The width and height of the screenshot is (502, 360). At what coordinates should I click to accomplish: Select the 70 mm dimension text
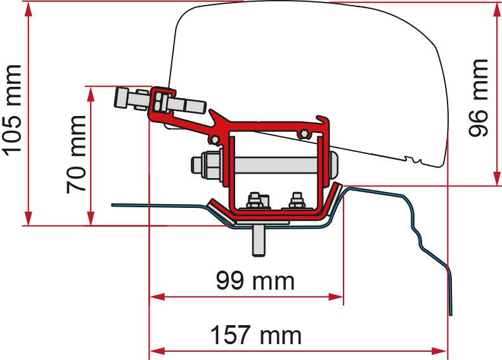(77, 154)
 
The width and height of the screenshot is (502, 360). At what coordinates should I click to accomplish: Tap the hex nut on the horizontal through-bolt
(209, 166)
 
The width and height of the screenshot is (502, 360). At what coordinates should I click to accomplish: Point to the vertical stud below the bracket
(259, 241)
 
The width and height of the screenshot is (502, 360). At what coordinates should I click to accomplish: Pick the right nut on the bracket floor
(294, 202)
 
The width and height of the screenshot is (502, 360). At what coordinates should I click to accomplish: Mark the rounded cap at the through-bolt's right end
(333, 166)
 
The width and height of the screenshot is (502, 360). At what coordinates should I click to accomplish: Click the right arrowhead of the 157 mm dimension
(442, 350)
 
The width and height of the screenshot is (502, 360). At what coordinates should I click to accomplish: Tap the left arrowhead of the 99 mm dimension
(155, 297)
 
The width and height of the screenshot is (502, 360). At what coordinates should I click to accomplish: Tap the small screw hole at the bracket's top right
(306, 132)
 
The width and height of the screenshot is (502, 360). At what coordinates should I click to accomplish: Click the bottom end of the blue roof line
(451, 312)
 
